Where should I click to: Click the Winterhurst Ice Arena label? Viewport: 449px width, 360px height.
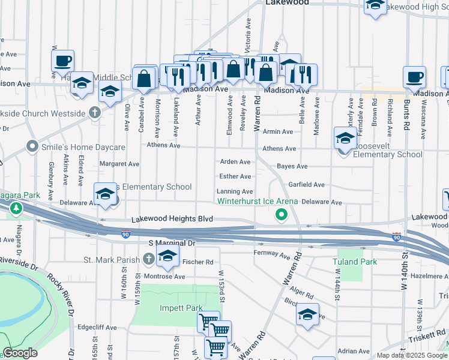tap(258, 201)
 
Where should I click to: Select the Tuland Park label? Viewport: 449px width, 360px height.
tap(355, 262)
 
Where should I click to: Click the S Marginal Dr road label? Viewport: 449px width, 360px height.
tap(172, 243)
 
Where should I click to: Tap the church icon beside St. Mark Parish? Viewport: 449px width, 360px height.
tap(149, 259)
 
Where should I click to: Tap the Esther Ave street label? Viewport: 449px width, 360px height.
tap(235, 176)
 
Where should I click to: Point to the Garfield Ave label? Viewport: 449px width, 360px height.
tap(306, 185)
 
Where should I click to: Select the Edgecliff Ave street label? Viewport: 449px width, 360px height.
tap(98, 327)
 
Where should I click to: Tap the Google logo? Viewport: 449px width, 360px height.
tap(19, 353)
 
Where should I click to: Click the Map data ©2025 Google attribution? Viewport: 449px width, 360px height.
tap(412, 355)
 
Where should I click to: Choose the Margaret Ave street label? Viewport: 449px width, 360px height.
tap(119, 163)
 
